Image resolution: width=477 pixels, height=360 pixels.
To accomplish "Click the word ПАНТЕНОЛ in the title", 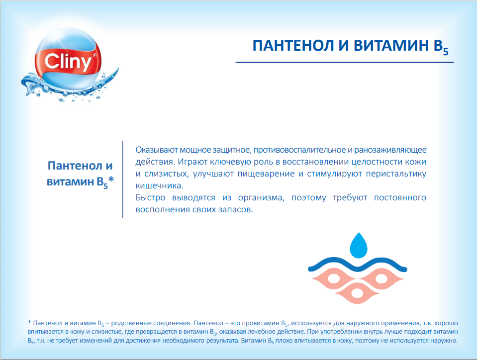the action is tap(293, 46).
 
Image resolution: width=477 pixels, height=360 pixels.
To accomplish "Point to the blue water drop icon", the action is tap(358, 245).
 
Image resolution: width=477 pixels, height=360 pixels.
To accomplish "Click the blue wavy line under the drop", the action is tap(358, 265).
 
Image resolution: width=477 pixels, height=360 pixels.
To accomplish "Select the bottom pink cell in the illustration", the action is tap(357, 292).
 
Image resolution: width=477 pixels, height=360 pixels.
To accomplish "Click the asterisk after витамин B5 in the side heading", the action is tap(111, 180).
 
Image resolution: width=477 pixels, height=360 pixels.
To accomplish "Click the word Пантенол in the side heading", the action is tap(75, 166).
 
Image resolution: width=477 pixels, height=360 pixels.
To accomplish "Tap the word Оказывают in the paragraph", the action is tap(156, 150).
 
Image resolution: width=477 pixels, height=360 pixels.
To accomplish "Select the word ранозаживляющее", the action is tap(390, 150).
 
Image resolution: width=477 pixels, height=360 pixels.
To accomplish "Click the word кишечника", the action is tap(159, 185).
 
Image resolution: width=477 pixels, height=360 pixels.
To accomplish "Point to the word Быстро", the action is tap(150, 197).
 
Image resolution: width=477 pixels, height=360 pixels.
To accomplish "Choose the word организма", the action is tap(261, 198).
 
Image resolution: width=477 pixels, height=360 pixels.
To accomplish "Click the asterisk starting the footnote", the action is tap(29, 322).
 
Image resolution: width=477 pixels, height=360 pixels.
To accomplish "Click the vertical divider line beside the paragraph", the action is tap(122, 179).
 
